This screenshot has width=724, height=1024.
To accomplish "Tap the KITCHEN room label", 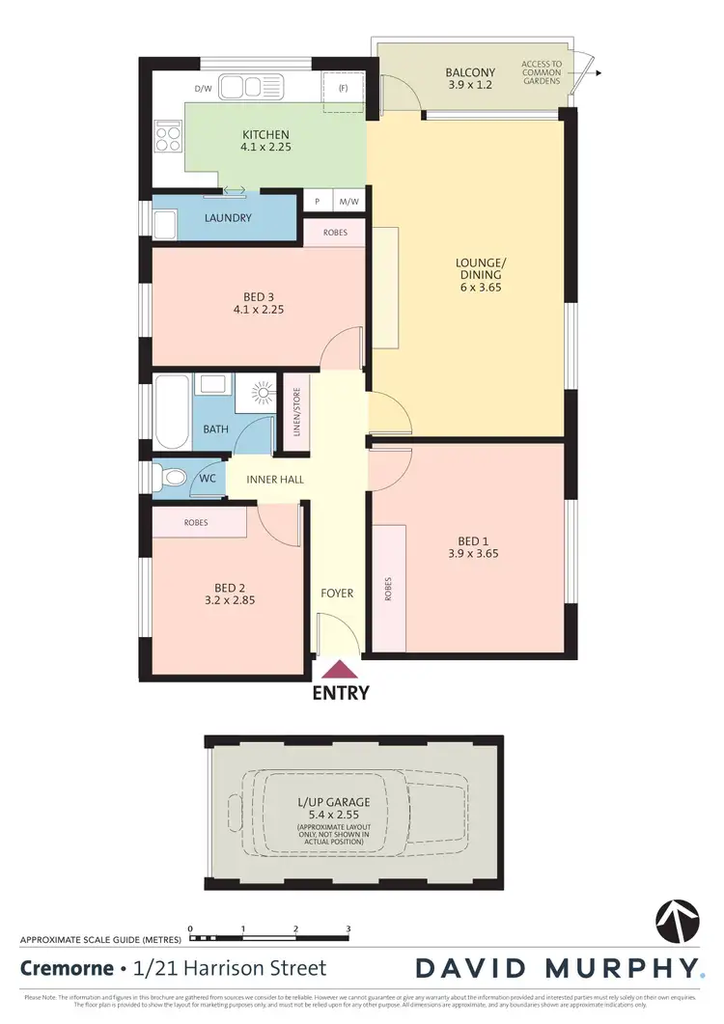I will (x=265, y=134).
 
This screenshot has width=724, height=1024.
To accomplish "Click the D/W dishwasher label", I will (x=203, y=90).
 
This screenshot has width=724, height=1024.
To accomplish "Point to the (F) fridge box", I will (x=343, y=90).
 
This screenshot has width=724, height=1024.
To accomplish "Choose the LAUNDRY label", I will (x=228, y=218).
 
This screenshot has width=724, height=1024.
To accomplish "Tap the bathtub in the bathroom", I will (x=172, y=413).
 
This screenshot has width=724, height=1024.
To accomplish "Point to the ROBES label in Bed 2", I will (x=196, y=522).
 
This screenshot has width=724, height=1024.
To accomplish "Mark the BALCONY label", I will (x=470, y=72).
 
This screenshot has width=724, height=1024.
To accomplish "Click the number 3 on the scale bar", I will (x=348, y=928).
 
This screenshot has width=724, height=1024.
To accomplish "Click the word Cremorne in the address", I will (x=65, y=967).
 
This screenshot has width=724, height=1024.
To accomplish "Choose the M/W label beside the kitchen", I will (x=348, y=202).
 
